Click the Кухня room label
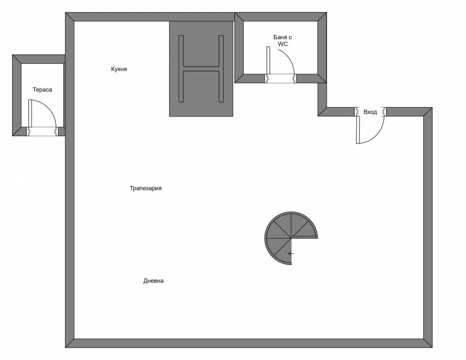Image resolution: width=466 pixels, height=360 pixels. [x=119, y=69]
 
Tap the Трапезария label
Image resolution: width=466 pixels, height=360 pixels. [x=146, y=188]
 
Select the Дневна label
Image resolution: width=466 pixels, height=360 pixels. [x=153, y=281]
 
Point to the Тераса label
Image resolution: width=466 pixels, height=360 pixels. [x=42, y=90]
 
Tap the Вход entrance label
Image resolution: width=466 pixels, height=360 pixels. [x=370, y=112]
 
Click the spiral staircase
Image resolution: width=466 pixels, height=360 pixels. [x=284, y=233]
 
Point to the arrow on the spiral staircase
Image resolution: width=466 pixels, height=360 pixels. [x=291, y=254]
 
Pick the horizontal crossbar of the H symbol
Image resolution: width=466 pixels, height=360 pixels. [x=201, y=69]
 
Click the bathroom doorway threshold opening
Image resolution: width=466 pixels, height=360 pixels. [x=281, y=79]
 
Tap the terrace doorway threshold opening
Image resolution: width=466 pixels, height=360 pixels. [x=42, y=132]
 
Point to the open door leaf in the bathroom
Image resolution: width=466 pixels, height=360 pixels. [x=268, y=61]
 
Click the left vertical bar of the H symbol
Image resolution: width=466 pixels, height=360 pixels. [x=182, y=69]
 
